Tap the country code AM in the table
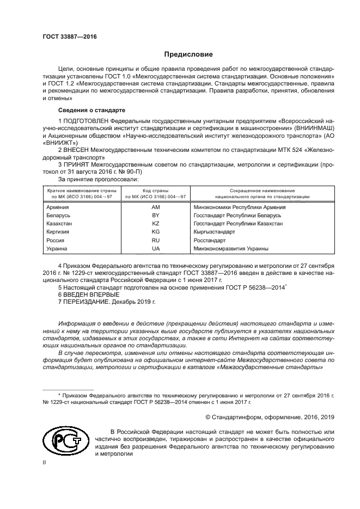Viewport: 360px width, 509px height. click(155, 208)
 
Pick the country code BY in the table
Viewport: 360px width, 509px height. click(155, 216)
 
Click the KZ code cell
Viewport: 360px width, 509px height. click(155, 224)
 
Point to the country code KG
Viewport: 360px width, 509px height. click(155, 232)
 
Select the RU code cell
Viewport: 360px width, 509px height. click(155, 241)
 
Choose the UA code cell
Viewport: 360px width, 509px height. click(155, 249)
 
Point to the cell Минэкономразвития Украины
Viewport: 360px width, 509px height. click(231, 249)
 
